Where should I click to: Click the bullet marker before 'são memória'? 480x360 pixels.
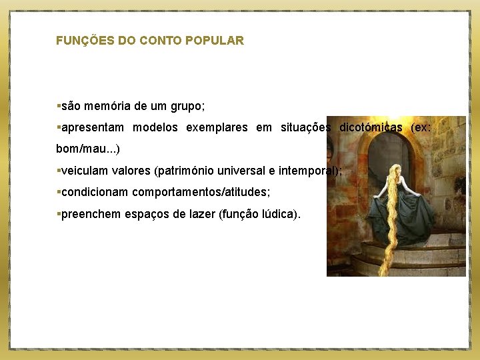[x=58, y=106]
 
